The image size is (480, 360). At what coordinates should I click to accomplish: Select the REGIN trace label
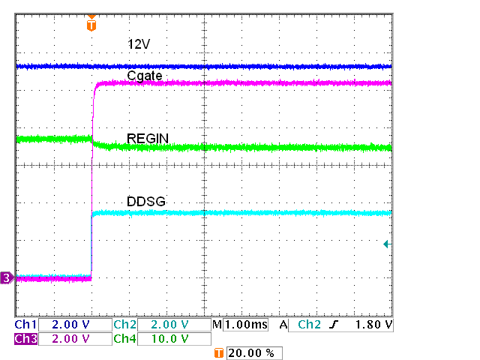click(148, 138)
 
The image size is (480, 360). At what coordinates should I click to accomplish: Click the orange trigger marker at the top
click(91, 24)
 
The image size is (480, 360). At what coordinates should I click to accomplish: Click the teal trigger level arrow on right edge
click(386, 244)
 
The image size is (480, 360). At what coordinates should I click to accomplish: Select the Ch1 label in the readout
click(25, 325)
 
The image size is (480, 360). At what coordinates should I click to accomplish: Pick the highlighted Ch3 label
click(25, 339)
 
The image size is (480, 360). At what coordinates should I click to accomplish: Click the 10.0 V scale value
click(170, 339)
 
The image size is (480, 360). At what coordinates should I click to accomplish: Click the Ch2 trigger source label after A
click(310, 325)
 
